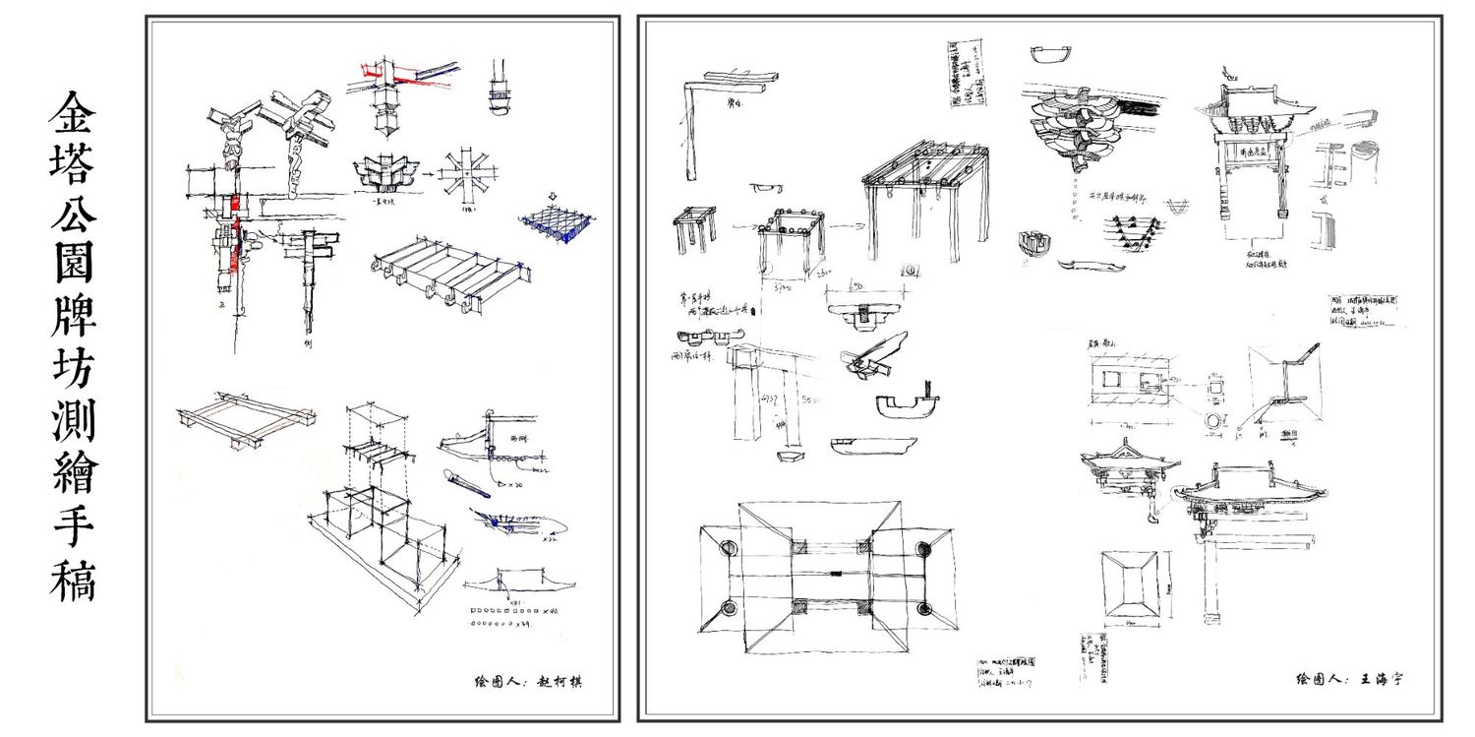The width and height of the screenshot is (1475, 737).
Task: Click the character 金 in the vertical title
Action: click(x=73, y=116)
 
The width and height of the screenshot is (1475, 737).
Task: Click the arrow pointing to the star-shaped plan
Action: click(x=419, y=175)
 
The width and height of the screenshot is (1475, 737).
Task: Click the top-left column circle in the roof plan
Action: click(x=731, y=549)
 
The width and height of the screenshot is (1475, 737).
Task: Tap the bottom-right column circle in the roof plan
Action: click(x=923, y=608)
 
